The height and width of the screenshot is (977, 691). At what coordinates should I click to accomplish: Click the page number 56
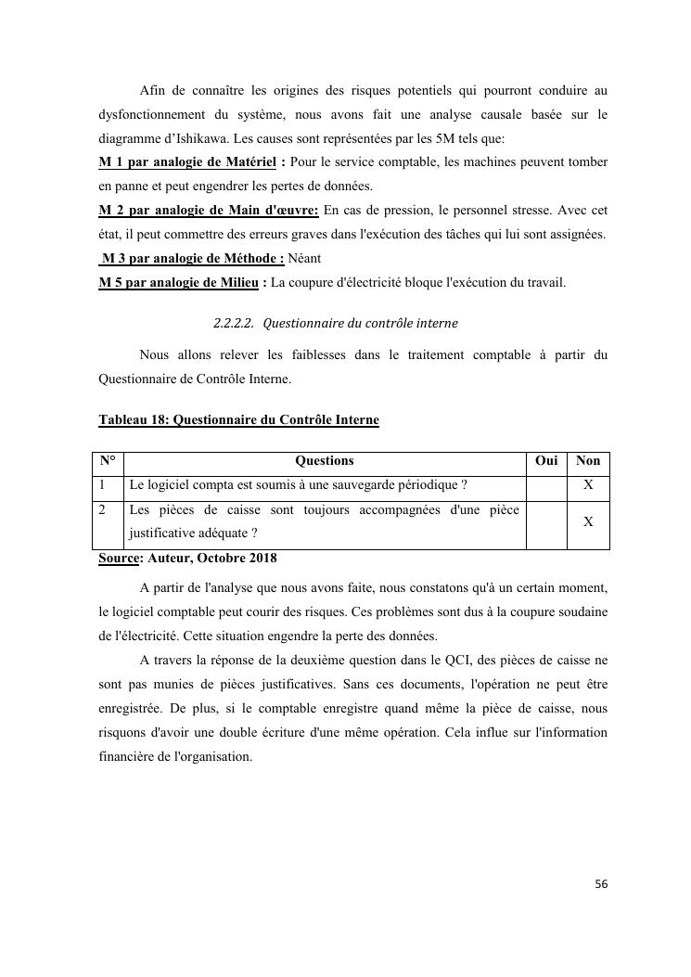pos(601,884)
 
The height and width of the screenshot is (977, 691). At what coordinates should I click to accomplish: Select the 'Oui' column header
pos(546,461)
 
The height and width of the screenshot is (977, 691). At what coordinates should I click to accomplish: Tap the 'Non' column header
pos(588,461)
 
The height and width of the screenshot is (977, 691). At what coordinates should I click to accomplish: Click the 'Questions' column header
pos(324,461)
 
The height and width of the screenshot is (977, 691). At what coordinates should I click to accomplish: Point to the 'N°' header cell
pos(108,461)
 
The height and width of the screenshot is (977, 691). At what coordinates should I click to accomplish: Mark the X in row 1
pos(588,485)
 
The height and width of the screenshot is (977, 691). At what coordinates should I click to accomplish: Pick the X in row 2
pos(588,522)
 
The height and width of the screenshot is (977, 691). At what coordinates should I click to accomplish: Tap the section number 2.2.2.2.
pos(234,324)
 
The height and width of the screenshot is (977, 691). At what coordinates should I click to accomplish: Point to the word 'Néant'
pos(305,259)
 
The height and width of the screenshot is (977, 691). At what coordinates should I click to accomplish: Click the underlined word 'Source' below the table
pos(119,559)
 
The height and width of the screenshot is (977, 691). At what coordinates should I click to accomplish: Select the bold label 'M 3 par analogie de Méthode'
pos(192,259)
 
